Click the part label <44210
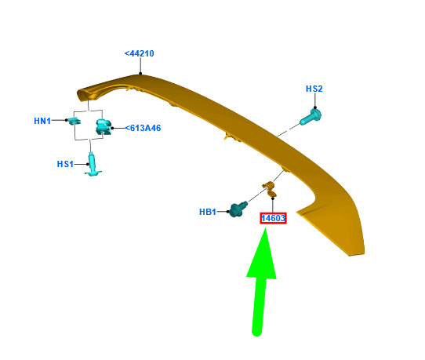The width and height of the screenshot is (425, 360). point(139,53)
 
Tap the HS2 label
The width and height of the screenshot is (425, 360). point(314,89)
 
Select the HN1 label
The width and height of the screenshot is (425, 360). point(42,121)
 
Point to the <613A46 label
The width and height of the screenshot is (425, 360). point(143,128)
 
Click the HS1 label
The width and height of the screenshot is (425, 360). point(65,164)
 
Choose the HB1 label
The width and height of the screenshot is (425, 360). point(208,212)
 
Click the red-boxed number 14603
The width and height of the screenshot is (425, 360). point(273,218)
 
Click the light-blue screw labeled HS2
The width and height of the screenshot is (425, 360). point(311,117)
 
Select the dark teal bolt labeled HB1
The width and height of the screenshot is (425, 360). point(238,209)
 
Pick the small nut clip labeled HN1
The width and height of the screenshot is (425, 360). point(74,121)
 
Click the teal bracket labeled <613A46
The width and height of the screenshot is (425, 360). point(104,127)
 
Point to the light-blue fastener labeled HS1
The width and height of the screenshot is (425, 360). point(93,165)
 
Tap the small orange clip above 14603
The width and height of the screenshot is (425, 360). point(270,189)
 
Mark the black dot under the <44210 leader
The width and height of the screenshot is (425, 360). point(140,73)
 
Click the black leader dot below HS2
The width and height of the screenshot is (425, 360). point(315,107)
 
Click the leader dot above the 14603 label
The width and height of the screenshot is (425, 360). point(273,198)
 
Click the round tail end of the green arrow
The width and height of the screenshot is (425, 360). point(256,331)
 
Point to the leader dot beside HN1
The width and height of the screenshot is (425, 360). point(66,120)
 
